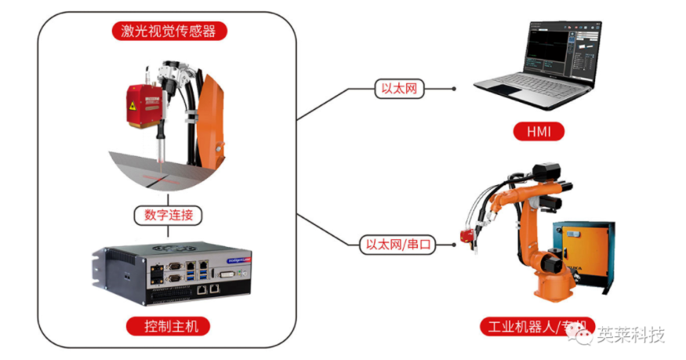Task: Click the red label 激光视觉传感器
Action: pos(168,31)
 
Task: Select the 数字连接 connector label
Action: pos(168,213)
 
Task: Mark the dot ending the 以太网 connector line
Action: pos(454,89)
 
